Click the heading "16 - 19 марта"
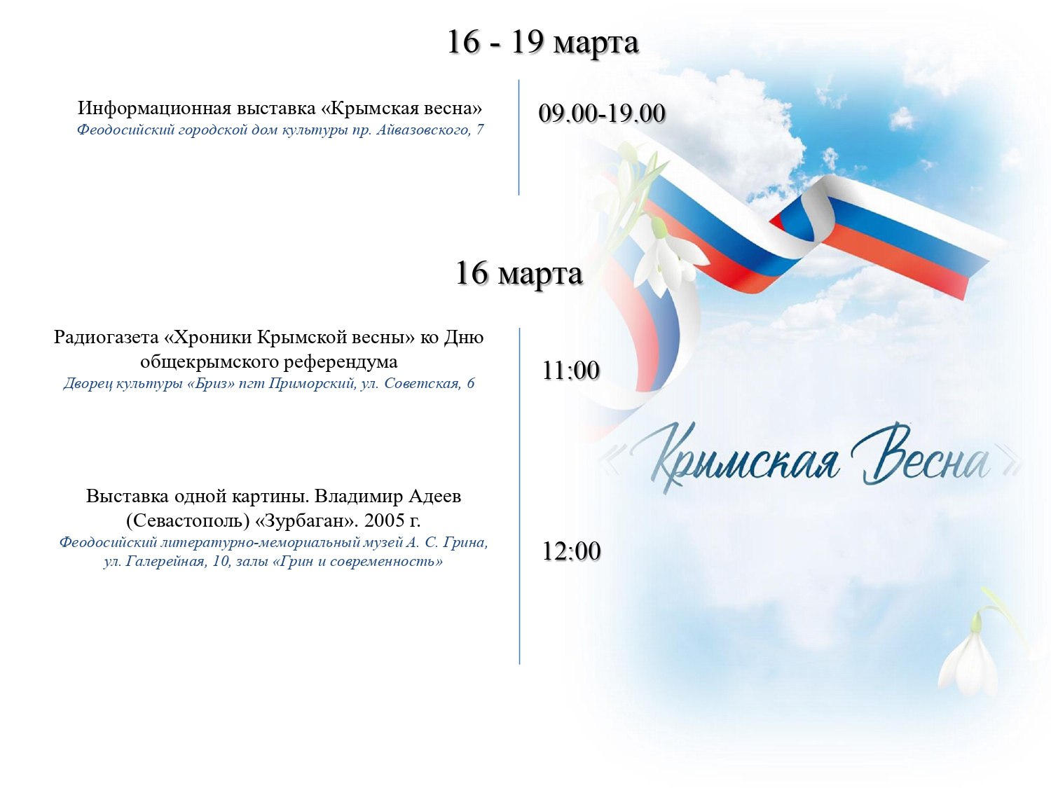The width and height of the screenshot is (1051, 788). point(542,43)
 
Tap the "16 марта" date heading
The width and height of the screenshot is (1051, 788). point(519,273)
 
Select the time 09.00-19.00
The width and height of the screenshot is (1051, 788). point(602,114)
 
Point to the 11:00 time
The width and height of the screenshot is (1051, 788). point(571,371)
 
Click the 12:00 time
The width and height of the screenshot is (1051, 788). point(571,551)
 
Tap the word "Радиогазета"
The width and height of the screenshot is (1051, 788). point(106,338)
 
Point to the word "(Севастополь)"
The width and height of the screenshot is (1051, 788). point(188,521)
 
